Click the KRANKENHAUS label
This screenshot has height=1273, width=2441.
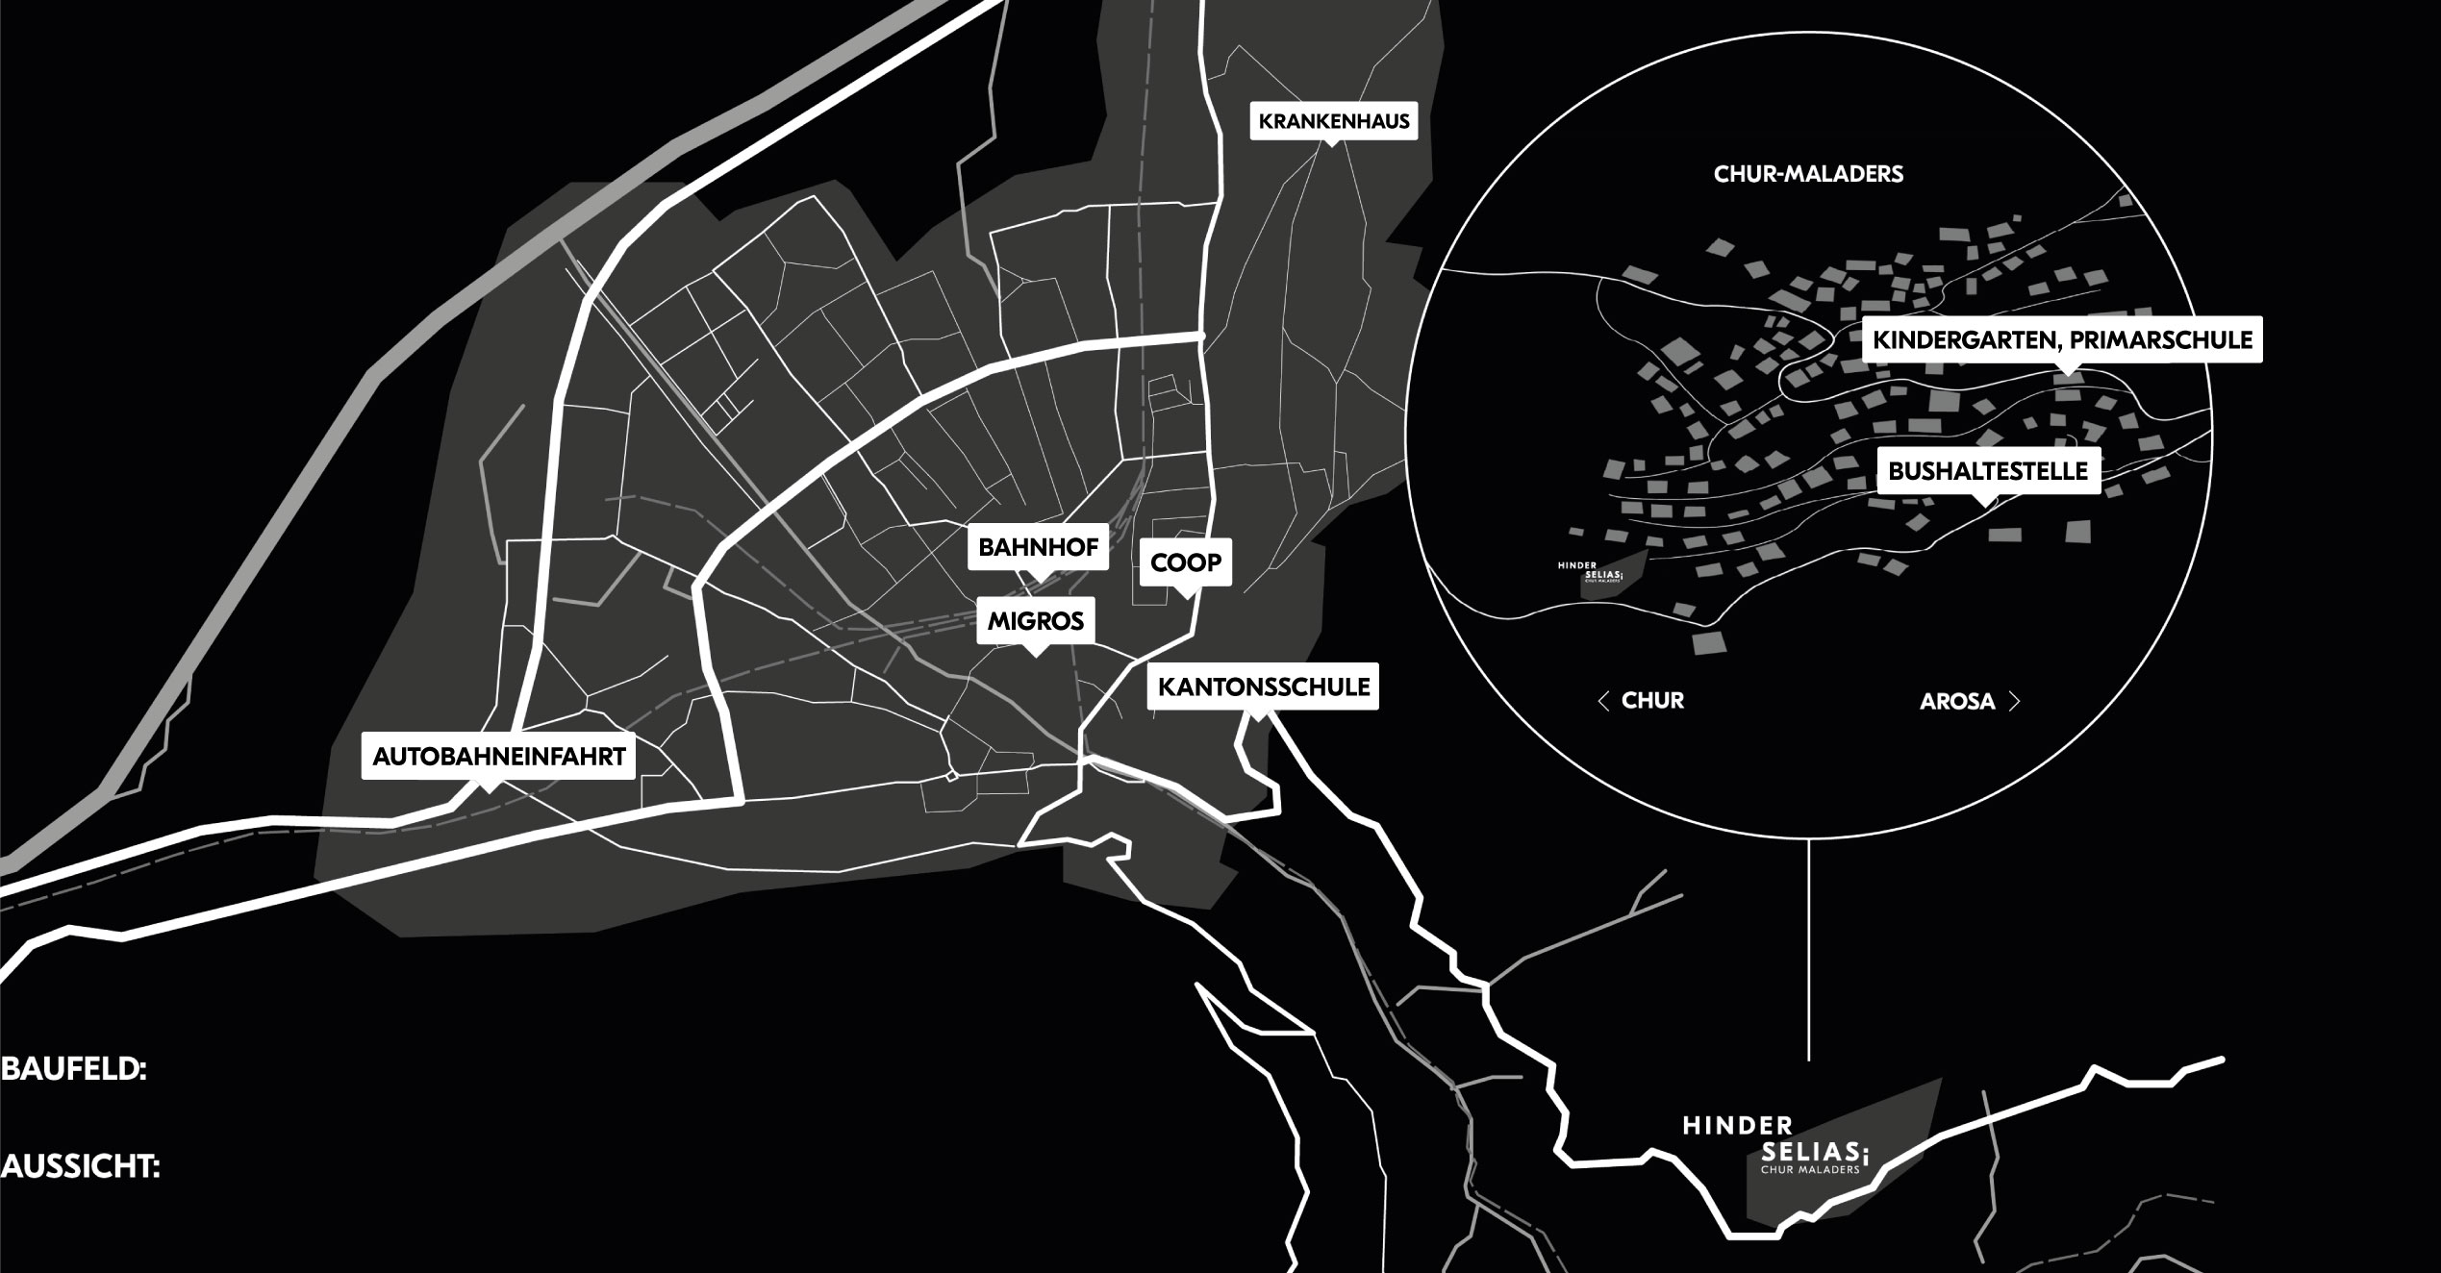[1334, 121]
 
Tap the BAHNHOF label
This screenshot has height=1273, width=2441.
[1039, 548]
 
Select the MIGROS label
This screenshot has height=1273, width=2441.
[1036, 621]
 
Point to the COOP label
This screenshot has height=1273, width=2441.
[1186, 562]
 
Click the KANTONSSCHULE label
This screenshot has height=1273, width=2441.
[1264, 686]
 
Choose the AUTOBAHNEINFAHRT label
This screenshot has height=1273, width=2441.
[499, 757]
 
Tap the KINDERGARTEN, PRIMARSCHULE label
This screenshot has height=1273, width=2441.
[2062, 339]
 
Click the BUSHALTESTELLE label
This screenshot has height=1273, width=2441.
[1988, 471]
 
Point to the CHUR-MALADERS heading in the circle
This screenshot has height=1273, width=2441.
[1808, 174]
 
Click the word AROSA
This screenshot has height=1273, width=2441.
[1957, 702]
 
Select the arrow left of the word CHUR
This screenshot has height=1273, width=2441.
[1602, 701]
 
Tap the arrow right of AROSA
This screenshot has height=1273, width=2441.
[2014, 702]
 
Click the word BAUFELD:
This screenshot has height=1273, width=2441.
[74, 1070]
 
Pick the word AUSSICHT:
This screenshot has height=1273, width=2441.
[80, 1167]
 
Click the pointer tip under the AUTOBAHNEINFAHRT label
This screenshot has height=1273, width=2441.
[490, 791]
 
